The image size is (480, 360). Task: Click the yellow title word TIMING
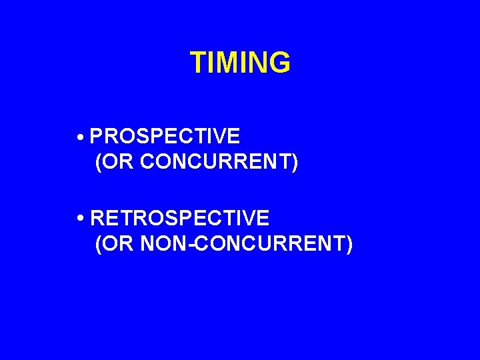240,63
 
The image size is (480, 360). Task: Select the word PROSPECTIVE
165,137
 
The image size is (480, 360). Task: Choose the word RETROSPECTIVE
179,218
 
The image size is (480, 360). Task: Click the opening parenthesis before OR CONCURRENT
99,163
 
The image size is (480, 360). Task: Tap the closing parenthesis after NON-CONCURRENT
349,244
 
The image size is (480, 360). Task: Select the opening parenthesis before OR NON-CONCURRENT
99,244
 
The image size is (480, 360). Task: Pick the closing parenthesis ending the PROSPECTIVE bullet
294,163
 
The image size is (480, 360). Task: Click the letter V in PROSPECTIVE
219,137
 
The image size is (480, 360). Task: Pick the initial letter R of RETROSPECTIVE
97,218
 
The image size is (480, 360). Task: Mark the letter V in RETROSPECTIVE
249,218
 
